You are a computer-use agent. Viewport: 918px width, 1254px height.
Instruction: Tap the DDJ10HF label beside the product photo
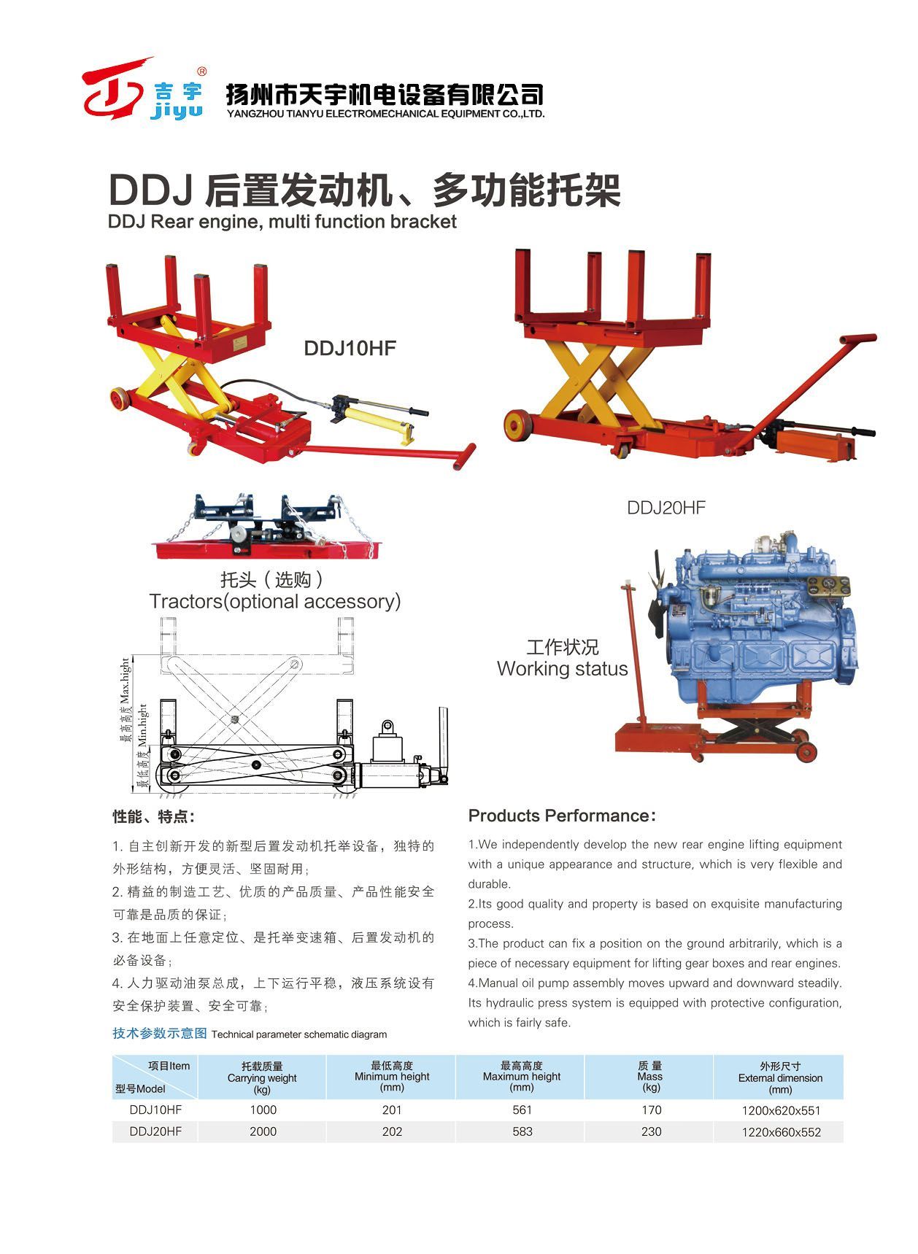tap(350, 348)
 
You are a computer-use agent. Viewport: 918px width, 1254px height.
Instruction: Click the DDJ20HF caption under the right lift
tap(666, 508)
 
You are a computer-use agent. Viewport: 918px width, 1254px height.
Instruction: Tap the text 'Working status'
tap(562, 669)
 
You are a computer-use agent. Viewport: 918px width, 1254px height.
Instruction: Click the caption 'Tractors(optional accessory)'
tap(275, 602)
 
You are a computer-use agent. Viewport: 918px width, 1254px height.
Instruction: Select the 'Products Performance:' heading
tap(562, 816)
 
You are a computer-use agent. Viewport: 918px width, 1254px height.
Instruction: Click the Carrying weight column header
tap(262, 1077)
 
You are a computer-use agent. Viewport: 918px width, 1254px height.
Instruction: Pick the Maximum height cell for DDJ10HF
tap(522, 1110)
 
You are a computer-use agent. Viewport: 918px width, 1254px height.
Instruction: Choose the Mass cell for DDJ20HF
tap(651, 1131)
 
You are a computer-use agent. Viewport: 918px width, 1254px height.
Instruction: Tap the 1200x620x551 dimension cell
tap(781, 1111)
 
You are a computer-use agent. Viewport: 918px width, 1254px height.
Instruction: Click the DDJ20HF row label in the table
tap(155, 1131)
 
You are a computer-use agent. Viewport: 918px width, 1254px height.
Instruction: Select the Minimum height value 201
tap(392, 1110)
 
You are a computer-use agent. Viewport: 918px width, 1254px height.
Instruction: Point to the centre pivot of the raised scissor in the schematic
tap(236, 719)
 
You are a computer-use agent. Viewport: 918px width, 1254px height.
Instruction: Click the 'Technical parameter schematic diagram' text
tap(299, 1034)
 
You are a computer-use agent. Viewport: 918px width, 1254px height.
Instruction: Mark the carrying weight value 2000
tap(263, 1131)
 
